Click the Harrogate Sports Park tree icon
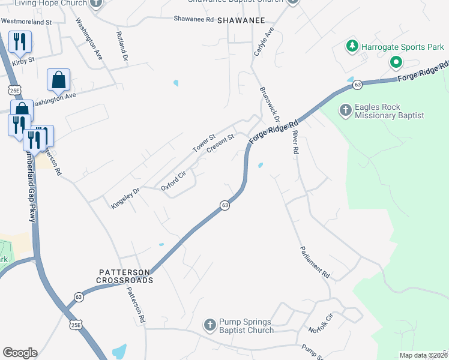(352, 46)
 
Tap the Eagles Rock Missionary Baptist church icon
(346, 110)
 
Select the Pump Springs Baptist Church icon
(210, 325)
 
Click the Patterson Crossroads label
(126, 276)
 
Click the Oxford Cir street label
(174, 181)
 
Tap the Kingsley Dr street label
(125, 198)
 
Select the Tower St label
(203, 143)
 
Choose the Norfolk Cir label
(321, 323)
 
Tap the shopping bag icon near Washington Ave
(58, 79)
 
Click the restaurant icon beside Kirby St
(19, 42)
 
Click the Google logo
(20, 352)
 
